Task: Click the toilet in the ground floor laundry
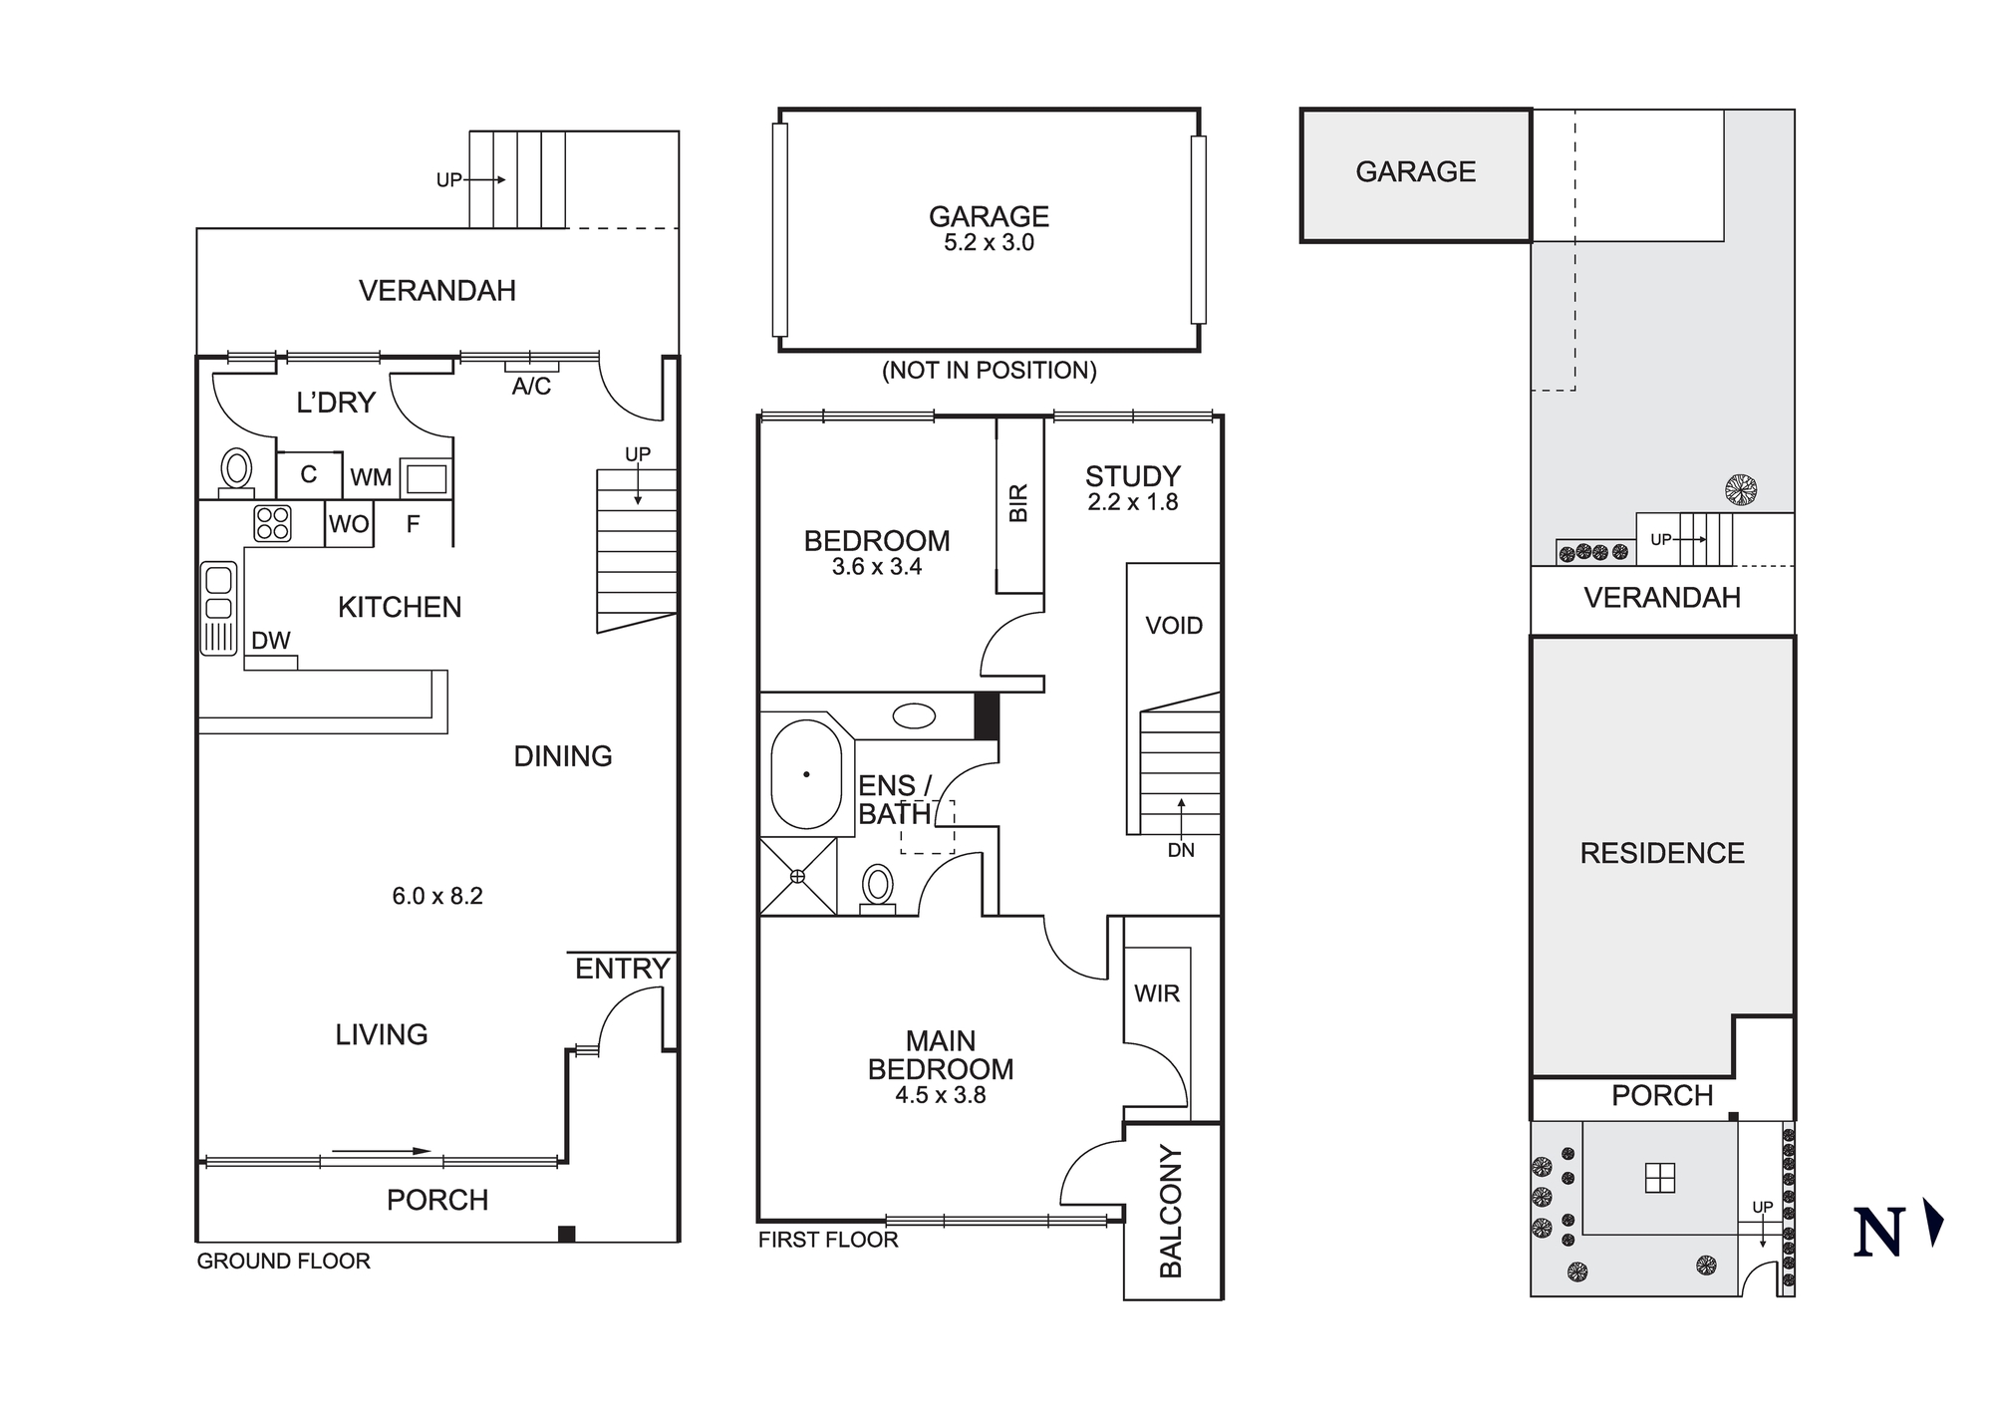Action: click(237, 470)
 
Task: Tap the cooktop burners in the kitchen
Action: click(272, 523)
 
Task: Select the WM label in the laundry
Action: click(371, 478)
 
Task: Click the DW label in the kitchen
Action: click(270, 641)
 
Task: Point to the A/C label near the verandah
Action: click(531, 387)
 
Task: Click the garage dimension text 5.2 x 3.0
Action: click(989, 243)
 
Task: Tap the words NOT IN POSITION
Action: click(989, 371)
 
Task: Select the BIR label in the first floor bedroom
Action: click(1018, 503)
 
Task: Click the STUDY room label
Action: click(1133, 476)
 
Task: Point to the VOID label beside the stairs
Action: click(1174, 626)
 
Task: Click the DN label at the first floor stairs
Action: click(1181, 850)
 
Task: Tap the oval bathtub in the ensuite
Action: click(806, 775)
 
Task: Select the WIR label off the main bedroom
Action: click(1156, 993)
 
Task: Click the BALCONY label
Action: click(1171, 1211)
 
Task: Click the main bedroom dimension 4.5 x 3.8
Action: click(940, 1095)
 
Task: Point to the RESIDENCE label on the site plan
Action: click(1662, 853)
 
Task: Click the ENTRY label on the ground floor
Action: click(622, 969)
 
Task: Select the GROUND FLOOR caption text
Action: click(283, 1262)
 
